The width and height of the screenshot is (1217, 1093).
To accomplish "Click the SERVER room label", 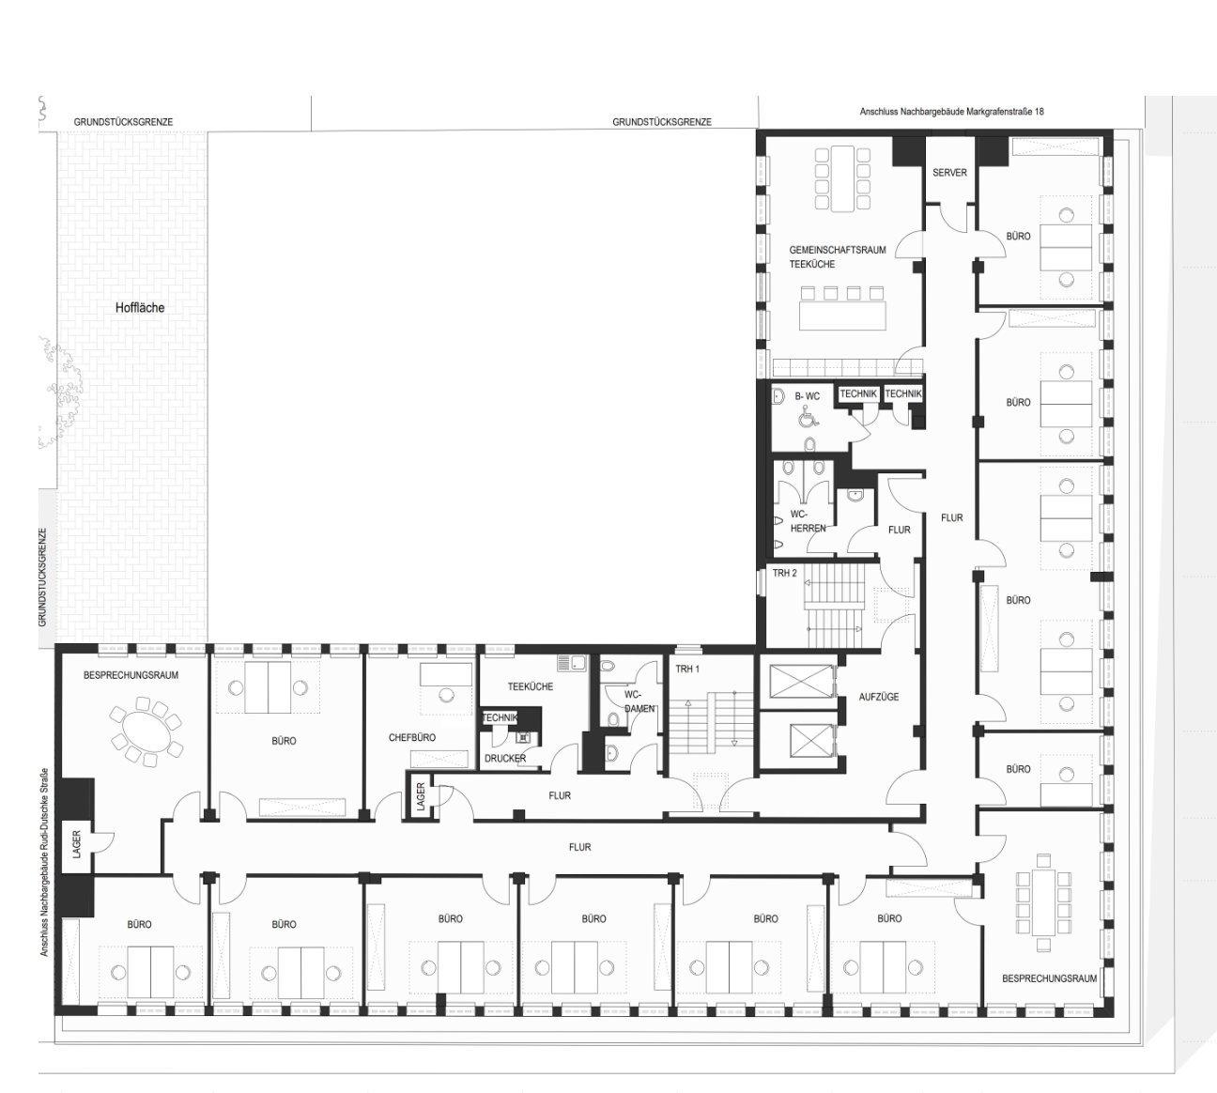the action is pos(949,173).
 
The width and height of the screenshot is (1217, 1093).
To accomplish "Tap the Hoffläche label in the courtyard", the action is pos(139,308).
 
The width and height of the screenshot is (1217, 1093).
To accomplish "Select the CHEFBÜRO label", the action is pos(412,737).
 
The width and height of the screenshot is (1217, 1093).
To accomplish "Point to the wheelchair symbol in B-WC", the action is pos(809,416).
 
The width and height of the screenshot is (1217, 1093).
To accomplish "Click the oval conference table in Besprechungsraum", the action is pos(146,731).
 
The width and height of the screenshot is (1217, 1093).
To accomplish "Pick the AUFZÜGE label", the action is pos(879,697).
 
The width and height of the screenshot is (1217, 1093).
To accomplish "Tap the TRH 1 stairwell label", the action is pos(687,669).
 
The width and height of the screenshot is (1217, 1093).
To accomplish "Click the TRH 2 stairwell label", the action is pos(784,573).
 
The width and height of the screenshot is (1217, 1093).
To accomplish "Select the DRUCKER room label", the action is pos(505,759).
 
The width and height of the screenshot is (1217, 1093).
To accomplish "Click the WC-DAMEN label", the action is pos(639,701).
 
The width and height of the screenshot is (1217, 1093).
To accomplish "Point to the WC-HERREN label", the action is pos(808,521).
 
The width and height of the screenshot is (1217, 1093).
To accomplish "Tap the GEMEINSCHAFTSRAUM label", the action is pos(838,250).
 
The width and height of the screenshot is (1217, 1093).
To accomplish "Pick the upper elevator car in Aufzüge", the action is pos(801,681).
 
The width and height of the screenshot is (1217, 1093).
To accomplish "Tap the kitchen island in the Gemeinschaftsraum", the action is pos(842,315).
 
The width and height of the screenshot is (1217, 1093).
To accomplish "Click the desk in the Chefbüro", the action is pos(446,674).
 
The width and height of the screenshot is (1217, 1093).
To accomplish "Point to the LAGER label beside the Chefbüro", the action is pos(421,795).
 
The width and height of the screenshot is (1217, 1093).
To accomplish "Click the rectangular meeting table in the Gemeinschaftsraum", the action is pos(842,178).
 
